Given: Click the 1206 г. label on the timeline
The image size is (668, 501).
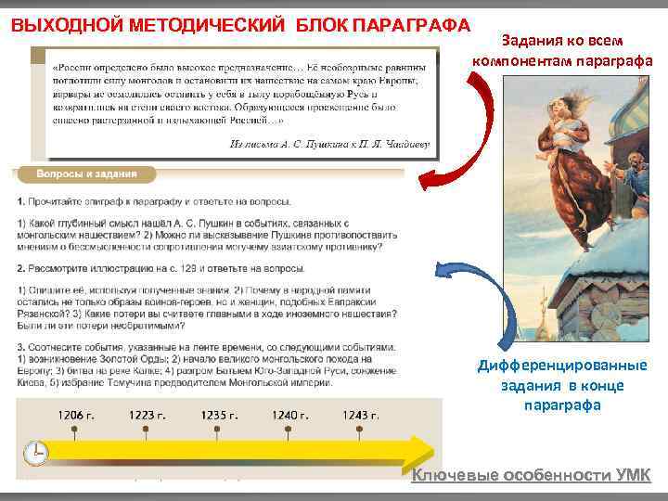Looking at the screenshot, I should click(77, 415).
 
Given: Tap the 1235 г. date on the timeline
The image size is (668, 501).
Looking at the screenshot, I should click(220, 415).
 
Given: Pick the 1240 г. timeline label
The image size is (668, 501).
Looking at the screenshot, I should click(290, 415).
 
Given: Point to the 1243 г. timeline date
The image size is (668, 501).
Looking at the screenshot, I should click(361, 415).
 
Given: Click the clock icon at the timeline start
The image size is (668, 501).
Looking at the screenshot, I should click(35, 453).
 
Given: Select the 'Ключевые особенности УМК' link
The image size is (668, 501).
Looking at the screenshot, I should click(532, 476).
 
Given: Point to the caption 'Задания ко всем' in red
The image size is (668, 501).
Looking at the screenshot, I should click(562, 41).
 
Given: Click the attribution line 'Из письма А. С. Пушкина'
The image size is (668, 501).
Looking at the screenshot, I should click(330, 143).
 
